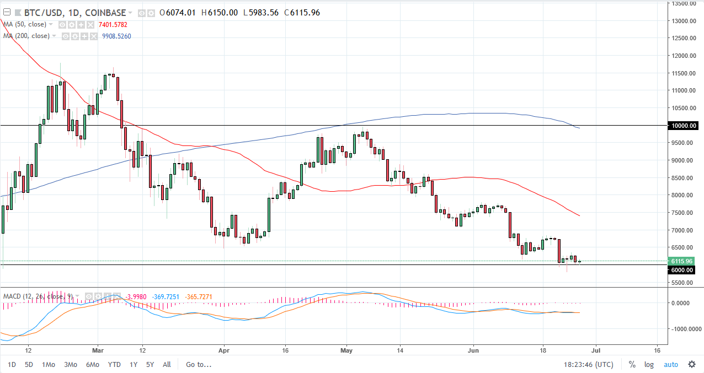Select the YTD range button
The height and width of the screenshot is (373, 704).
click(114, 364)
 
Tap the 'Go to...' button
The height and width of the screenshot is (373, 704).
click(198, 364)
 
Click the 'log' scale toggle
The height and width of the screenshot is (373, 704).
click(649, 364)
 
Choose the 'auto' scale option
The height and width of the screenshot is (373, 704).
click(670, 364)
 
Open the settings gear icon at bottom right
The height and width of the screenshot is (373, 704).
click(692, 364)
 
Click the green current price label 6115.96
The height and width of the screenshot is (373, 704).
click(682, 261)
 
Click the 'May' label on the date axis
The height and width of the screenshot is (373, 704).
click(346, 349)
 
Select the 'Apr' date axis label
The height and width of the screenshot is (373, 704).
click(224, 349)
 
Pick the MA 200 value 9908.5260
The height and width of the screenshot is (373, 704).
click(116, 36)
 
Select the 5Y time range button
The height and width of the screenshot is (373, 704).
click(150, 364)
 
